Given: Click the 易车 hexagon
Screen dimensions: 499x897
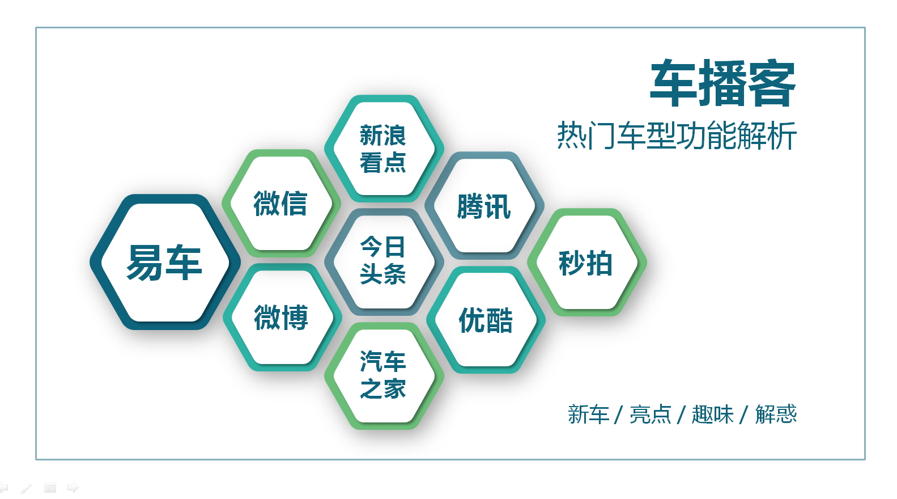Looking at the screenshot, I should pos(164,263).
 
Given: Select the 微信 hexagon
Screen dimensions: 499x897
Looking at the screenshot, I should pos(280,204).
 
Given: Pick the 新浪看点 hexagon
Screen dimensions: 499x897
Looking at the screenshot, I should pos(383,149).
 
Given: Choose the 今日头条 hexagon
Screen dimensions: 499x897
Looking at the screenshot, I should pos(383,261).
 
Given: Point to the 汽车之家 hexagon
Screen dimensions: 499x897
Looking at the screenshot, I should pos(383,375).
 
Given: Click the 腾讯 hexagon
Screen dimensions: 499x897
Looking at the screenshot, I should pos(484,206).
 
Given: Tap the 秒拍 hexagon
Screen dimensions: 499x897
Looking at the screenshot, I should pos(586,263).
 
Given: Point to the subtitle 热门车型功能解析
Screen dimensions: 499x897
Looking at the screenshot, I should pos(677,136).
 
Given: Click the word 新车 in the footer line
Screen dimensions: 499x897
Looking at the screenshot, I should pos(588,415).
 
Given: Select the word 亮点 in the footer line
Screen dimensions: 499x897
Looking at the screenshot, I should pos(650,415).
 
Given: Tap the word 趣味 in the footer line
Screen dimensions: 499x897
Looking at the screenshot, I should pos(712,415).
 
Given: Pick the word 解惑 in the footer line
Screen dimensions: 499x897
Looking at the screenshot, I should pos(776,415).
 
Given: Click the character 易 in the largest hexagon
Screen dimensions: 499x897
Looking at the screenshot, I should pos(144,263).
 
